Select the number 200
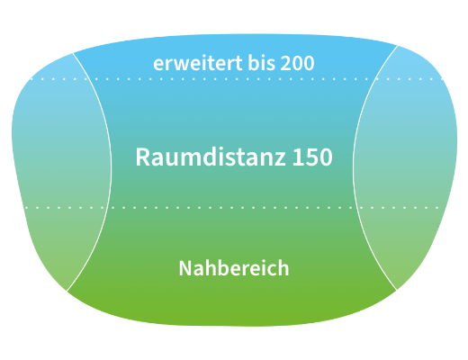coord(297,63)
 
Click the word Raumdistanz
coord(211,157)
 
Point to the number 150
coord(312,157)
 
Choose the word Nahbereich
coord(234,268)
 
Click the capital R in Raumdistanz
coord(143,157)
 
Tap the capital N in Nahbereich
coord(185,268)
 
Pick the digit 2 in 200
coord(286,63)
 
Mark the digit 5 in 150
coord(312,157)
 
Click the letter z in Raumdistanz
coord(280,159)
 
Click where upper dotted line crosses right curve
coord(375,79)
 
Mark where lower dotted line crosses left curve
coord(106,207)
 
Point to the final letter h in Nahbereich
coord(283,267)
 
